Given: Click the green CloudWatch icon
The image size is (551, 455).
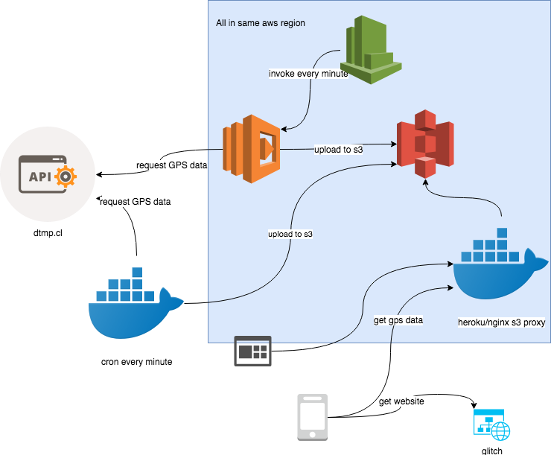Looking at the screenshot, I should [x=375, y=51].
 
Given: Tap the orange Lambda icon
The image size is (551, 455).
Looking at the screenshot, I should [x=252, y=148].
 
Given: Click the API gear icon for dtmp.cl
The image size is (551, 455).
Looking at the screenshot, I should [x=46, y=176].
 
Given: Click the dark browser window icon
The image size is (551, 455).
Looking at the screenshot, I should [x=253, y=351].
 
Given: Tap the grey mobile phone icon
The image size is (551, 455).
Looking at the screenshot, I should [x=313, y=416].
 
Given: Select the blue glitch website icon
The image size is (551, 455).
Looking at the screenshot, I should [x=492, y=426].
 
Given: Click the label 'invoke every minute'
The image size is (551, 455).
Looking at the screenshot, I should [x=308, y=74].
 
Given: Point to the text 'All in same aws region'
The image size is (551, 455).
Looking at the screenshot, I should [x=261, y=24].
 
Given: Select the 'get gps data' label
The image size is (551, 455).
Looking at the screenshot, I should [x=398, y=320].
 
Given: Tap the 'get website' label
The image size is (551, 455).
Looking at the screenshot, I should [x=401, y=401].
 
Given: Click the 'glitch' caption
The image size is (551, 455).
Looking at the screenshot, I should [x=492, y=451].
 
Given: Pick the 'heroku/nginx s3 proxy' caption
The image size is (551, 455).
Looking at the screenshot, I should [x=502, y=322].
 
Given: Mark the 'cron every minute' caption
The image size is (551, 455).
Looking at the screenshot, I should [x=136, y=362].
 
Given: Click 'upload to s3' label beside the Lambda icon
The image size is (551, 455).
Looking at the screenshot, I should [x=339, y=150].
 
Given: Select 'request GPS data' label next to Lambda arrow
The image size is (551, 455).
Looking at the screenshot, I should [x=172, y=165].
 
